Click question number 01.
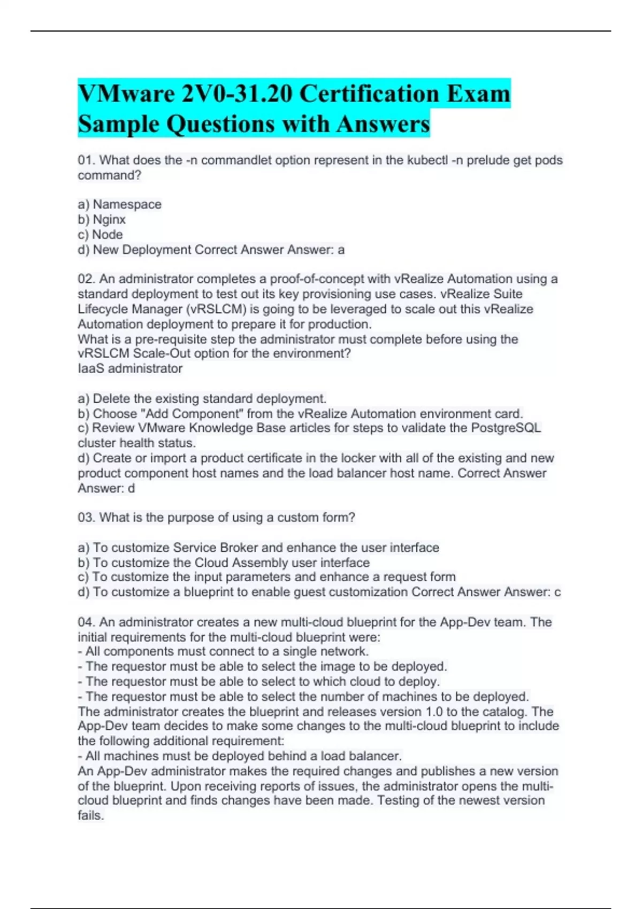point(86,160)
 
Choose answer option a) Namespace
point(119,204)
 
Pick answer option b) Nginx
point(102,219)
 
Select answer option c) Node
point(100,234)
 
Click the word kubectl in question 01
point(427,160)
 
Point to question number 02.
point(86,279)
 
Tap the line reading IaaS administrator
point(130,368)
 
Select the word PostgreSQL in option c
point(506,428)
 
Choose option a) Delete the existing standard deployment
point(202,398)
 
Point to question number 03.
point(86,517)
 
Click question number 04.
point(86,622)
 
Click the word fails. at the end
point(90,815)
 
